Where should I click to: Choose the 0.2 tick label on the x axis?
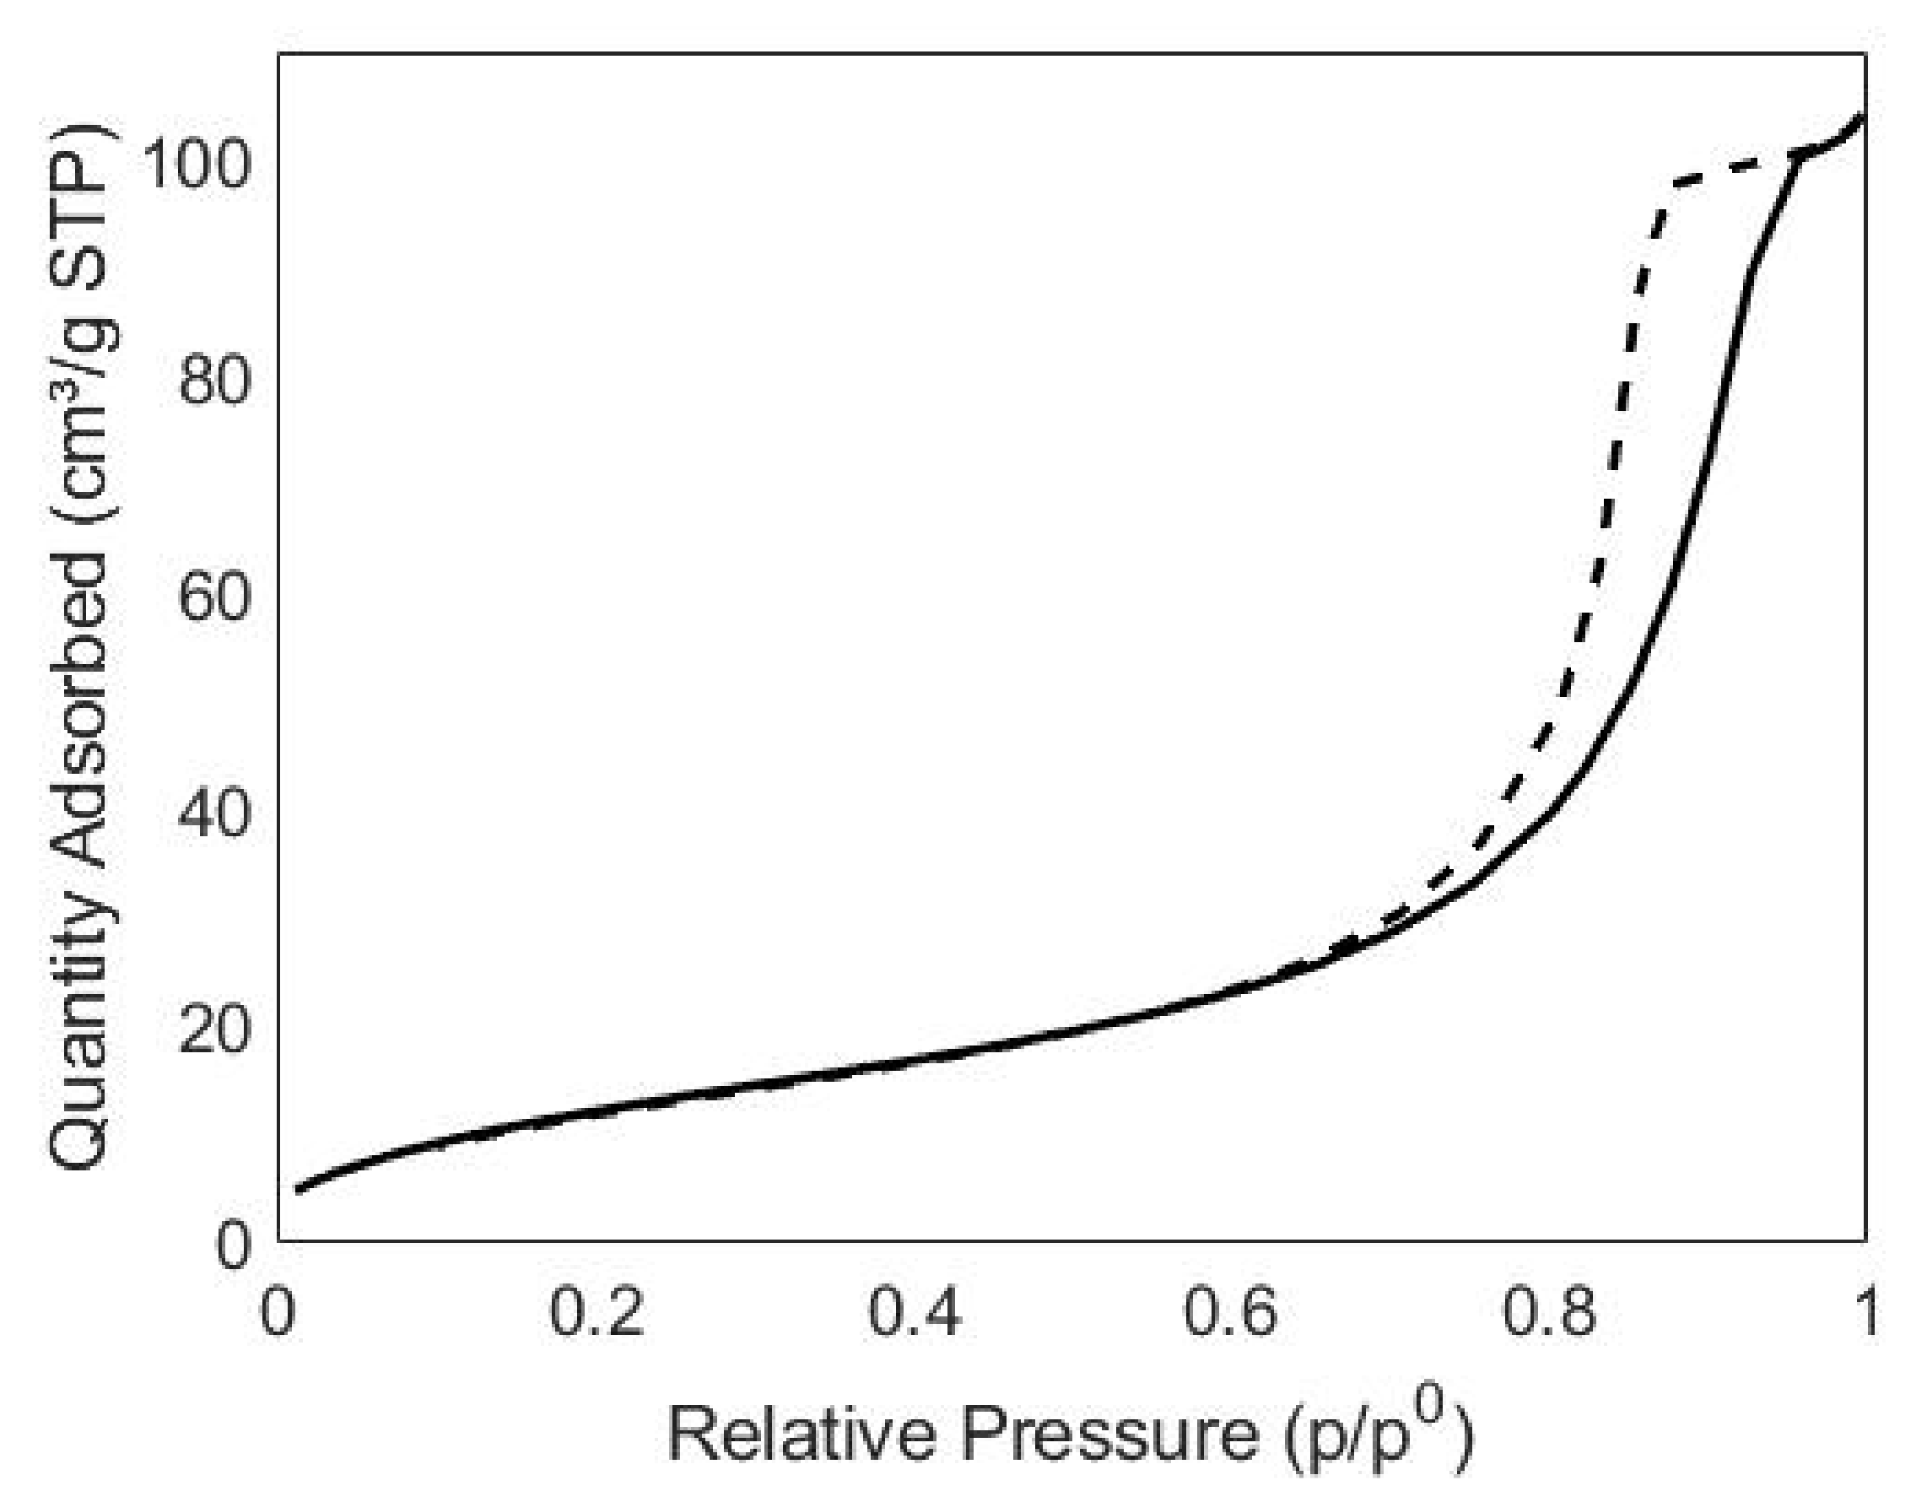[596, 1312]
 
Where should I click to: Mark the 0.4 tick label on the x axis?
[914, 1312]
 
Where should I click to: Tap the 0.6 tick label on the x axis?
[1231, 1312]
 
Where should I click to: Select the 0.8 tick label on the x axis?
[1549, 1312]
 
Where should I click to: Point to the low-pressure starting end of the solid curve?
[300, 1190]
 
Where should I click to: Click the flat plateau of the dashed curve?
[1730, 167]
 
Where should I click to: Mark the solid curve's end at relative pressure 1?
[1863, 116]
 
